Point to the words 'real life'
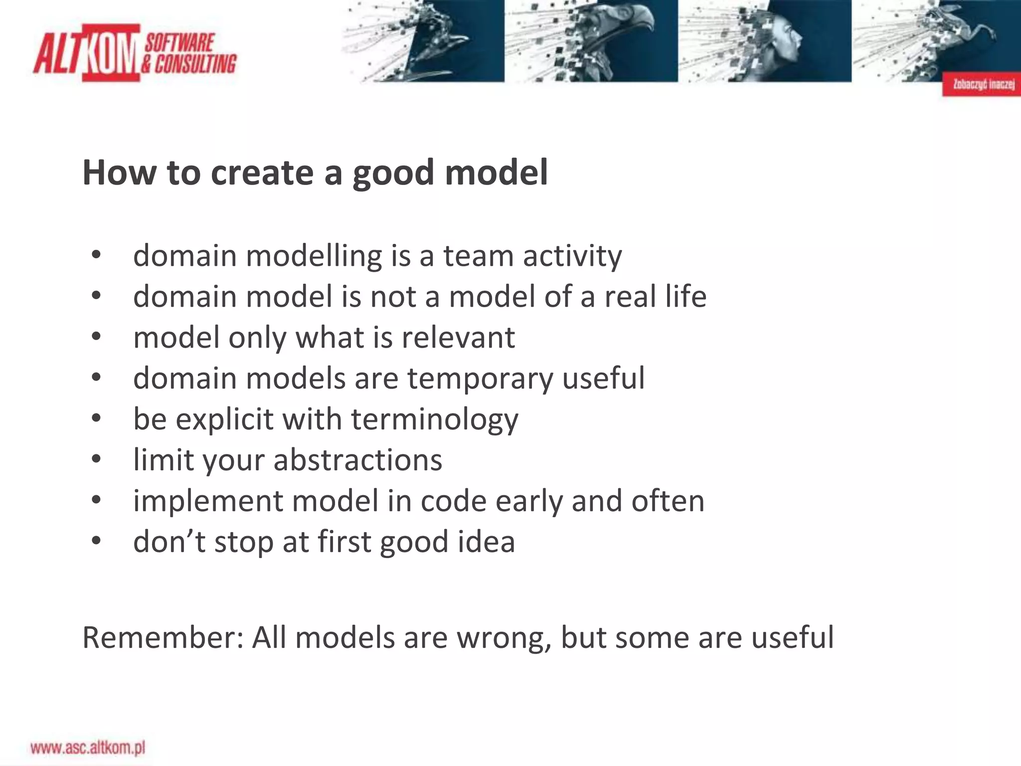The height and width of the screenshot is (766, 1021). point(655,297)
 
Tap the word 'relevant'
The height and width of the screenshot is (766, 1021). point(458,338)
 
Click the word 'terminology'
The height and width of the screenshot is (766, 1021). point(434,419)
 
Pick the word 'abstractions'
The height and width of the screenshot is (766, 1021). point(357,460)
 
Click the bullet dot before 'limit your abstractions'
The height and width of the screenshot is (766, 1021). point(96,459)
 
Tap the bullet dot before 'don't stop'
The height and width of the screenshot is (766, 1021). point(96,541)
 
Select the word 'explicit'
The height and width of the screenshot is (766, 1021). point(224,419)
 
